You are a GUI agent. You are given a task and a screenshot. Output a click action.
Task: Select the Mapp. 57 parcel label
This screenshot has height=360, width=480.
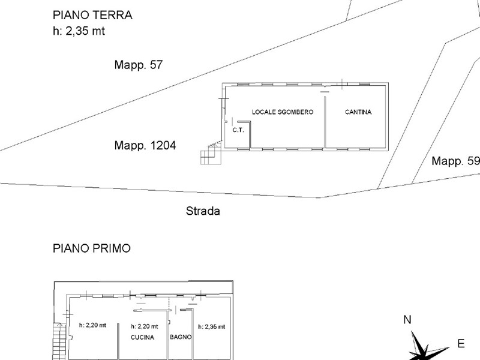click(139, 65)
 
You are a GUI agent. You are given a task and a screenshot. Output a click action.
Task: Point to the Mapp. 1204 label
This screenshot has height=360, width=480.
click(145, 145)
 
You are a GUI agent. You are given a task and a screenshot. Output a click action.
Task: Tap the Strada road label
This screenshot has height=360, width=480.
click(203, 211)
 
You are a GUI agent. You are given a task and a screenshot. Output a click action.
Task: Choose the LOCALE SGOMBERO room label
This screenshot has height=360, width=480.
click(282, 112)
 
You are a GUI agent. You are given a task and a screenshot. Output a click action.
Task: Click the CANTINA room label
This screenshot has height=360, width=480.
click(358, 112)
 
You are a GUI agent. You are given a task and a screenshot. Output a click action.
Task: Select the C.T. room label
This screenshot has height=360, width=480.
click(237, 130)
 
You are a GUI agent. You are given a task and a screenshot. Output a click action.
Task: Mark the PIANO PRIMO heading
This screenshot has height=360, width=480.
click(91, 248)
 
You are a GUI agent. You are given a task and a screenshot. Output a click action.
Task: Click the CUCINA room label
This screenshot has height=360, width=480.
click(143, 337)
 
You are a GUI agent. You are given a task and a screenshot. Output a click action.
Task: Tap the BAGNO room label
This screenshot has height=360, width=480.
click(181, 337)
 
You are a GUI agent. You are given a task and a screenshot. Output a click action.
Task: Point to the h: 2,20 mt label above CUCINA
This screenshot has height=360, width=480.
click(145, 326)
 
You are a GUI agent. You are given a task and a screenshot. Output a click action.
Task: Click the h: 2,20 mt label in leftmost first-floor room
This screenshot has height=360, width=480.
click(92, 325)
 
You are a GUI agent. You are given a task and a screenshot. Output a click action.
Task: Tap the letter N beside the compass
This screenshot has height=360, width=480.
click(407, 320)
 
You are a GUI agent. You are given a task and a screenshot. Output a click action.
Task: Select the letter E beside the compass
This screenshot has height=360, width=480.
click(461, 344)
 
